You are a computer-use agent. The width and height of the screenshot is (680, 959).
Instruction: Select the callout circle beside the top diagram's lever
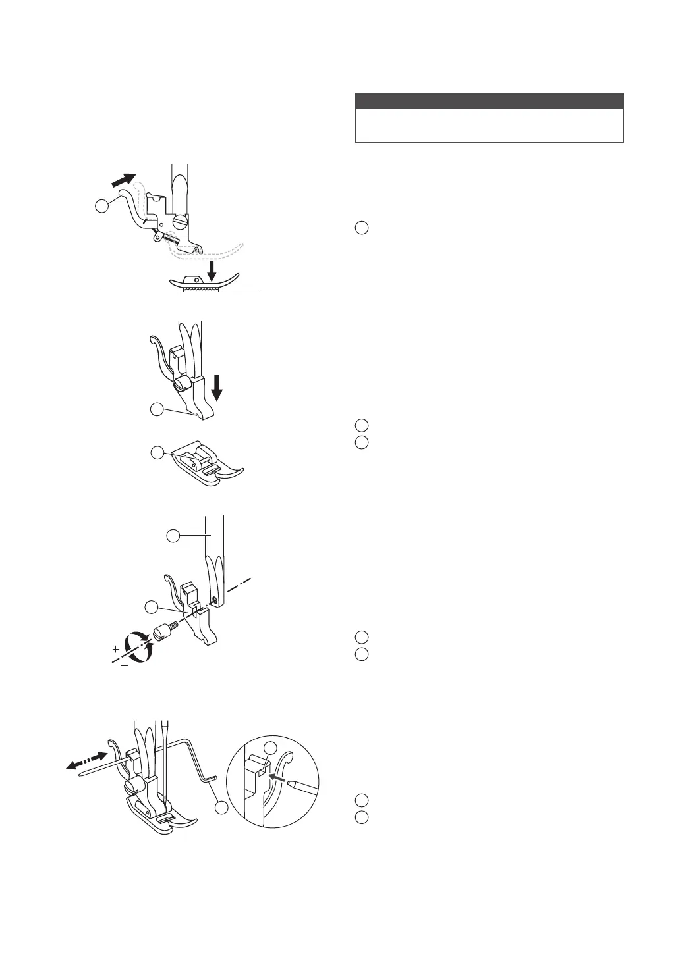pyautogui.click(x=102, y=206)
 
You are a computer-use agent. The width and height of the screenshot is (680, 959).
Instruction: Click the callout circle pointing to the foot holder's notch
pyautogui.click(x=156, y=409)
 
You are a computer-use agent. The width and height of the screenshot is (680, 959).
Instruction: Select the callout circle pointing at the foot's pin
pyautogui.click(x=156, y=453)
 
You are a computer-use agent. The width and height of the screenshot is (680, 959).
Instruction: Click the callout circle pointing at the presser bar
pyautogui.click(x=173, y=536)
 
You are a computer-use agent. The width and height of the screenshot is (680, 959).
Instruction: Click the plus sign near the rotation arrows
pyautogui.click(x=116, y=649)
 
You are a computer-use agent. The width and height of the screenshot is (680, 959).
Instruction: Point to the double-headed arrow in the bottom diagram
pyautogui.click(x=87, y=759)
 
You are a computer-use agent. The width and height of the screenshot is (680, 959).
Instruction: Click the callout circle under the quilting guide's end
pyautogui.click(x=221, y=807)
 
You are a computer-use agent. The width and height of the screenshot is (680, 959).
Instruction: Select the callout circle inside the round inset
pyautogui.click(x=271, y=748)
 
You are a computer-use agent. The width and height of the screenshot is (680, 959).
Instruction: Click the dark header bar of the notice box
pyautogui.click(x=489, y=101)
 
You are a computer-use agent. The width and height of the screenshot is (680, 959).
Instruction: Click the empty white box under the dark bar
pyautogui.click(x=489, y=125)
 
